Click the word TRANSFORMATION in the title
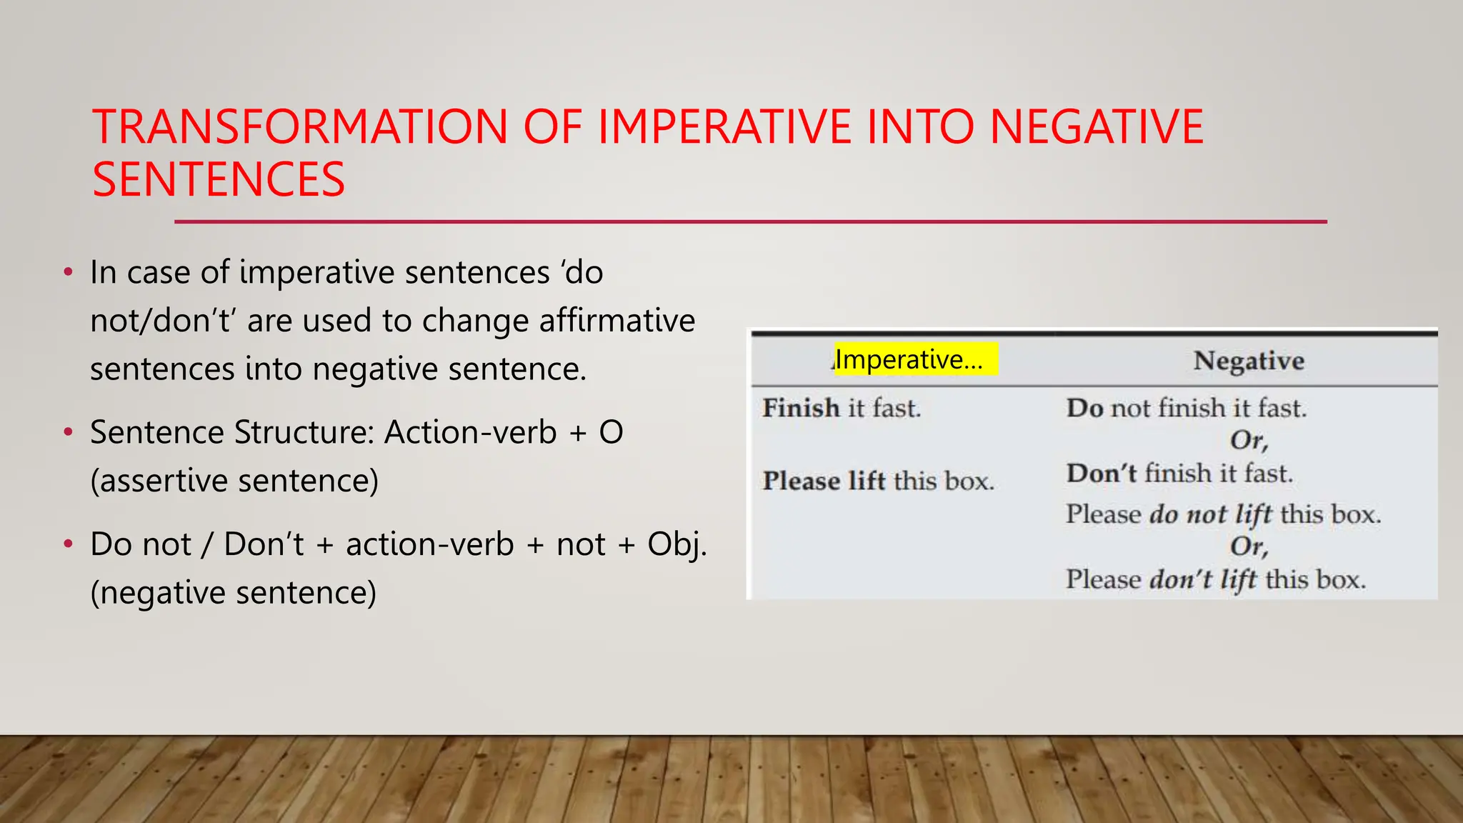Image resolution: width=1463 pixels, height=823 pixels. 299,127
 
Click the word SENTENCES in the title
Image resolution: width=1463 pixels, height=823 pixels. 219,179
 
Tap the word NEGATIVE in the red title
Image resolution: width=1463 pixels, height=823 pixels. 1097,127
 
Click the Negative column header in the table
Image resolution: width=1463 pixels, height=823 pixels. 1249,361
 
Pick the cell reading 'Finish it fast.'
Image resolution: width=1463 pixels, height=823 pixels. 842,408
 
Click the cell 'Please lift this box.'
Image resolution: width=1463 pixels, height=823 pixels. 878,481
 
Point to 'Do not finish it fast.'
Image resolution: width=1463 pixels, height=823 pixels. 1187,408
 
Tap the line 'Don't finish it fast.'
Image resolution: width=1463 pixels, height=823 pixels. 1179,474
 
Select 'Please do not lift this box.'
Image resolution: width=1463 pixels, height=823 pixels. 1223,514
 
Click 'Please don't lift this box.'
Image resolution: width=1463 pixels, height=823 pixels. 1216,579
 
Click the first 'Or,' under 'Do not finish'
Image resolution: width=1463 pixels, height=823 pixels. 1249,441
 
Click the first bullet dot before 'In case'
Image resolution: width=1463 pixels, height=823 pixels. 68,272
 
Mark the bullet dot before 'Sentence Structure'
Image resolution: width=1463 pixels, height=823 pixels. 68,432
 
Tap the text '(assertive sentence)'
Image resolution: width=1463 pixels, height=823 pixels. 234,481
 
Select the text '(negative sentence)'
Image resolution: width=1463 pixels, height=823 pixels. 233,592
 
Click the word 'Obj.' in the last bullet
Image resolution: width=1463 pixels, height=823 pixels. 676,544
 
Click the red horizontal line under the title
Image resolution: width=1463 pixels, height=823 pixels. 750,222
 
